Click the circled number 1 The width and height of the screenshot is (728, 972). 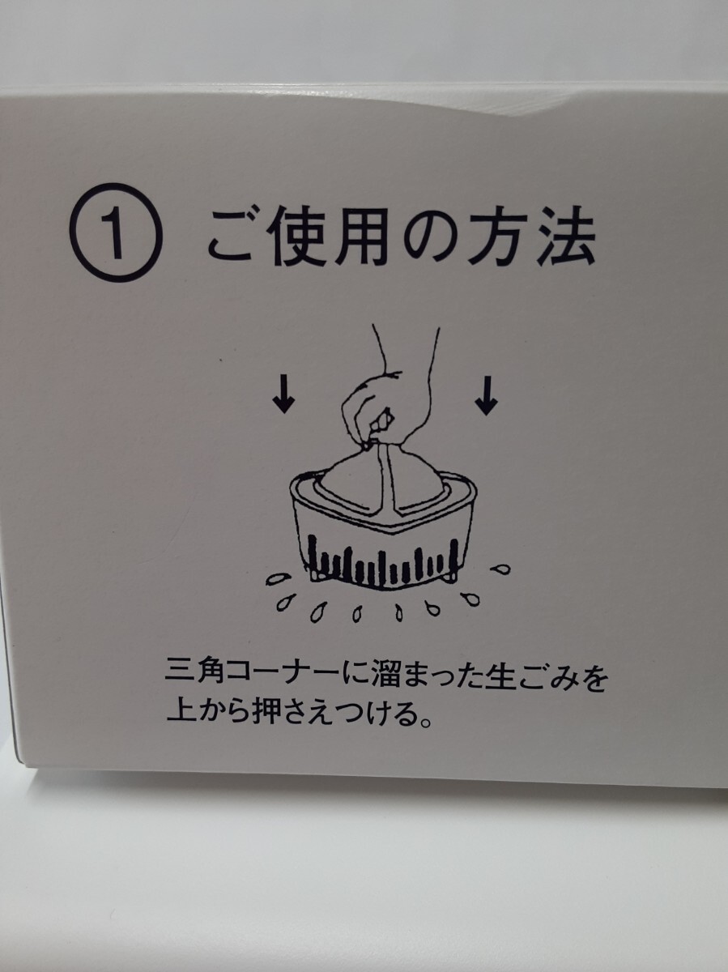[x=116, y=233]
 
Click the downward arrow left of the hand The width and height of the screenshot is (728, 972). [x=283, y=395]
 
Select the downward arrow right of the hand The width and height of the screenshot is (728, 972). [x=487, y=396]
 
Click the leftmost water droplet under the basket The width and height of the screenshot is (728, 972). [x=279, y=579]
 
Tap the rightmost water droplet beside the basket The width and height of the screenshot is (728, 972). [x=501, y=569]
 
